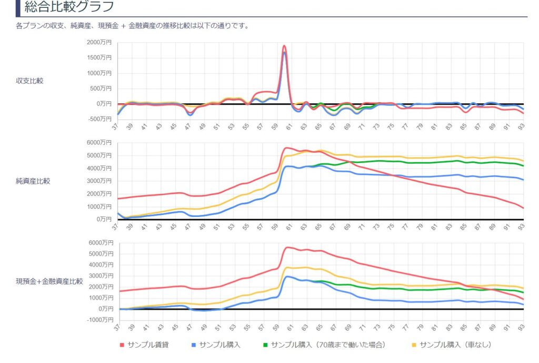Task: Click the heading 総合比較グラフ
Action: [x=69, y=7]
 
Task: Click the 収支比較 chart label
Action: [x=31, y=81]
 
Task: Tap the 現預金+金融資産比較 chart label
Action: [x=49, y=281]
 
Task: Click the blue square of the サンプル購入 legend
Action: [x=194, y=345]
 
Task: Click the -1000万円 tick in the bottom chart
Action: [x=100, y=320]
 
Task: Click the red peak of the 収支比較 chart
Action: [x=284, y=46]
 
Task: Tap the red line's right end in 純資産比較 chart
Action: [x=523, y=208]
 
